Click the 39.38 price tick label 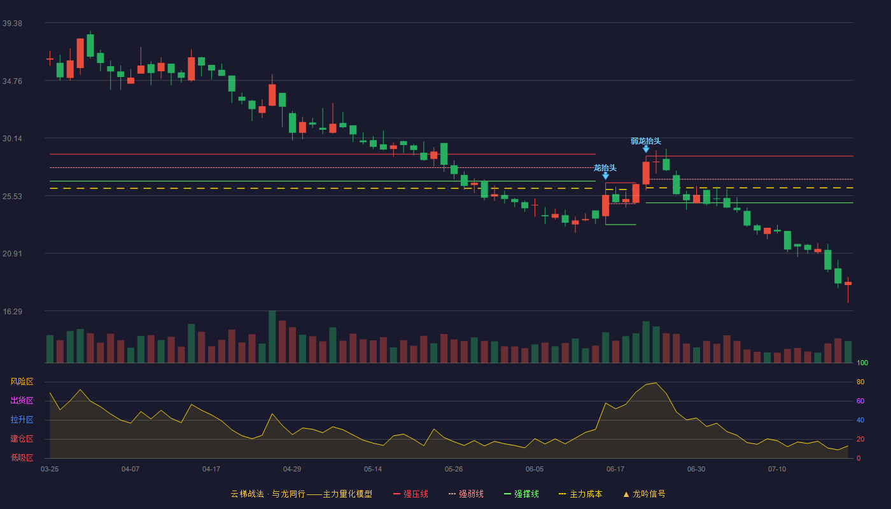12,24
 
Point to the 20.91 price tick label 12,254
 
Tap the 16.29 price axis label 12,311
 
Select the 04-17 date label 211,470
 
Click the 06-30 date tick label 696,470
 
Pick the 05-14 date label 373,470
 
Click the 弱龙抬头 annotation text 645,141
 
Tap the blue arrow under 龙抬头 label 605,176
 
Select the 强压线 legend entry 410,494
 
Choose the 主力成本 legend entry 580,494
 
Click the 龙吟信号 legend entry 644,494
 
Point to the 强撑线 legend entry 521,494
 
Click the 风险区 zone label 22,382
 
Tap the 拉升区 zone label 22,419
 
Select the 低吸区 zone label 22,457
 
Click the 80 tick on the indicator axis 860,382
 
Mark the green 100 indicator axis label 862,363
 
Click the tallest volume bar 272,337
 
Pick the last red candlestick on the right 848,284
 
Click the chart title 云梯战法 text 247,494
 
